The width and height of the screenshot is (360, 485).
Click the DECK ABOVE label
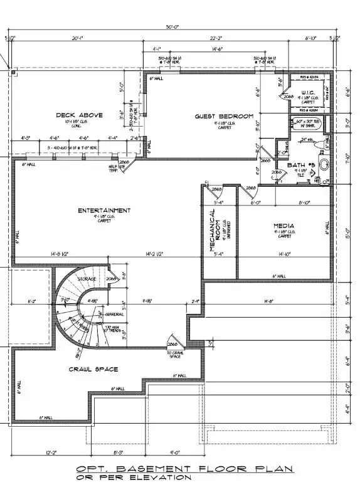(74, 115)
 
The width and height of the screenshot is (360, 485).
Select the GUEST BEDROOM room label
(224, 117)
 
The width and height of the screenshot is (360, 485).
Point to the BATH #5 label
(299, 165)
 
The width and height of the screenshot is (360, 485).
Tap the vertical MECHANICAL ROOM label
(214, 235)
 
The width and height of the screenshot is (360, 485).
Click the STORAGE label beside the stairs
(87, 278)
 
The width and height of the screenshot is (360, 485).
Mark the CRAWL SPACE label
(93, 369)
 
